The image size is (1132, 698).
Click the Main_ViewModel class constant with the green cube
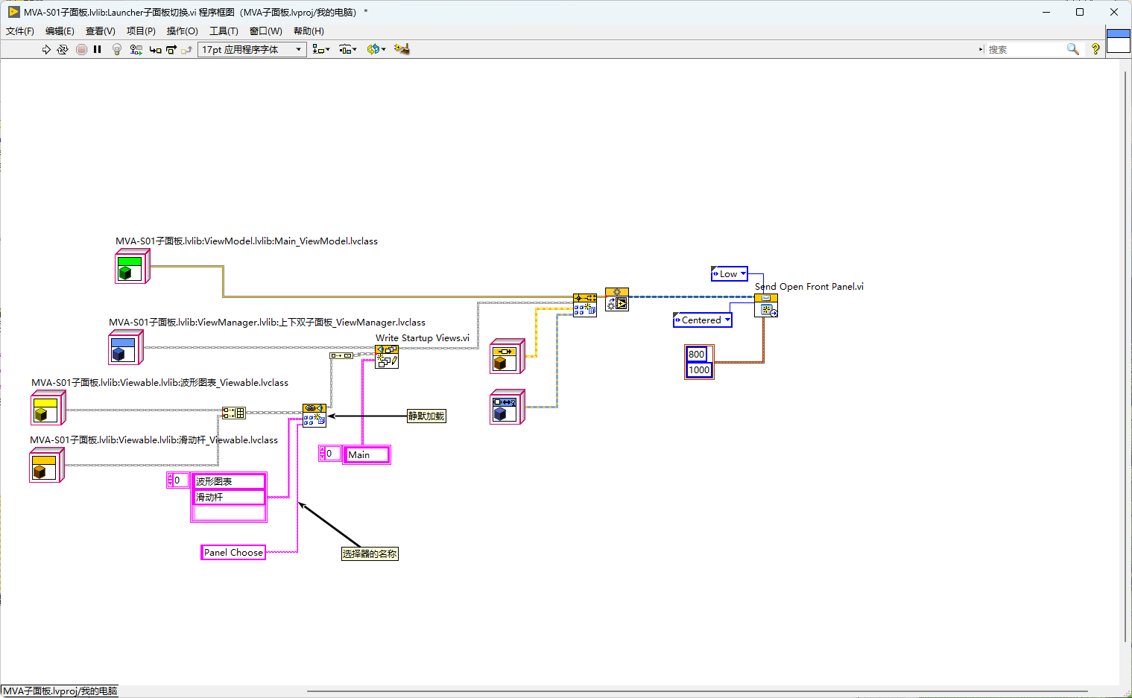tap(133, 267)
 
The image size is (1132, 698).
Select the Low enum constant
tap(729, 273)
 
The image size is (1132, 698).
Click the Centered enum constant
tap(703, 320)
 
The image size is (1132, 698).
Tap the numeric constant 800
tap(696, 354)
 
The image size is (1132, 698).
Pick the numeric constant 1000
tap(699, 369)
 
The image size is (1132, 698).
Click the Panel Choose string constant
tap(233, 552)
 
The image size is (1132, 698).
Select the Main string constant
tap(367, 454)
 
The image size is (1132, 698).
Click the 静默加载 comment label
tap(426, 416)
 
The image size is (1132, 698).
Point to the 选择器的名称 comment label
tap(370, 553)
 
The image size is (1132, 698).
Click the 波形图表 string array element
tap(229, 481)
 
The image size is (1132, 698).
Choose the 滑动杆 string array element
tap(229, 497)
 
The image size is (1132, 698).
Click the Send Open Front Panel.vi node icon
tap(766, 305)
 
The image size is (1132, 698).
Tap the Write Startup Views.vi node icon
tap(387, 357)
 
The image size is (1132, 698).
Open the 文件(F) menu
tap(19, 31)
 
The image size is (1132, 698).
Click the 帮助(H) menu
tap(309, 31)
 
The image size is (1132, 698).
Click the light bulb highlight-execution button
tap(117, 49)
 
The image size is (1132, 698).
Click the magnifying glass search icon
tap(1072, 49)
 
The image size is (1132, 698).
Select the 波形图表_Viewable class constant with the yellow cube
tap(48, 407)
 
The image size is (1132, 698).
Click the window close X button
tap(1114, 12)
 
